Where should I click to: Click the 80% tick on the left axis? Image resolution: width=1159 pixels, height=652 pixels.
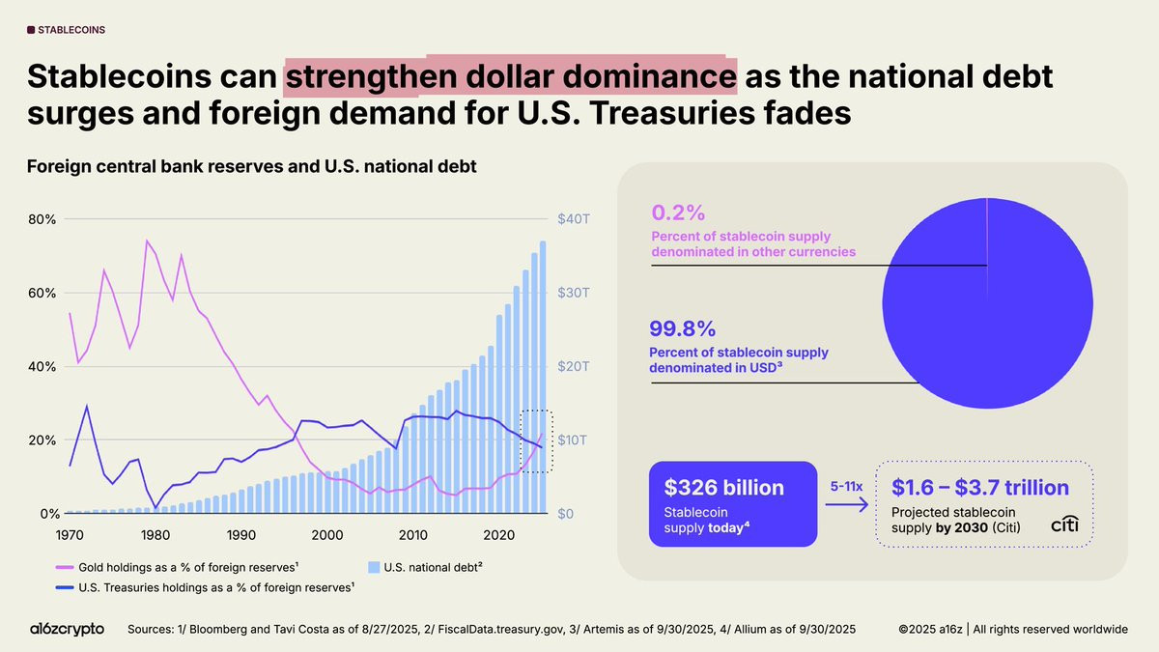coord(42,219)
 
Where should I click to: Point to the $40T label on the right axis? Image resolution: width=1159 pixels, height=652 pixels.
coord(573,219)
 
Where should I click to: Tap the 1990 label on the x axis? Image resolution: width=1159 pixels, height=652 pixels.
coord(240,533)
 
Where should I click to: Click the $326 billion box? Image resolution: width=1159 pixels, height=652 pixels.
coord(733,504)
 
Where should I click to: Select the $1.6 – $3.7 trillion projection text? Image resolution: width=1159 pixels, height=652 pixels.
coord(979,488)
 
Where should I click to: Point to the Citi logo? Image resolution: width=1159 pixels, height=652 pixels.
coord(1065,524)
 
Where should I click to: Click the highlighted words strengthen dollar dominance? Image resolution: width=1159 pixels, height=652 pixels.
coord(510,77)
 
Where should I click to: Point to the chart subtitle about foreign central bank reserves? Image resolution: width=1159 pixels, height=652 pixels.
coord(251,166)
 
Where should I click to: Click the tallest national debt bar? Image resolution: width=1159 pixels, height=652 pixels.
coord(544,377)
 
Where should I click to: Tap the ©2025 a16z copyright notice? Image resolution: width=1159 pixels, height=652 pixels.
coord(1012,629)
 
